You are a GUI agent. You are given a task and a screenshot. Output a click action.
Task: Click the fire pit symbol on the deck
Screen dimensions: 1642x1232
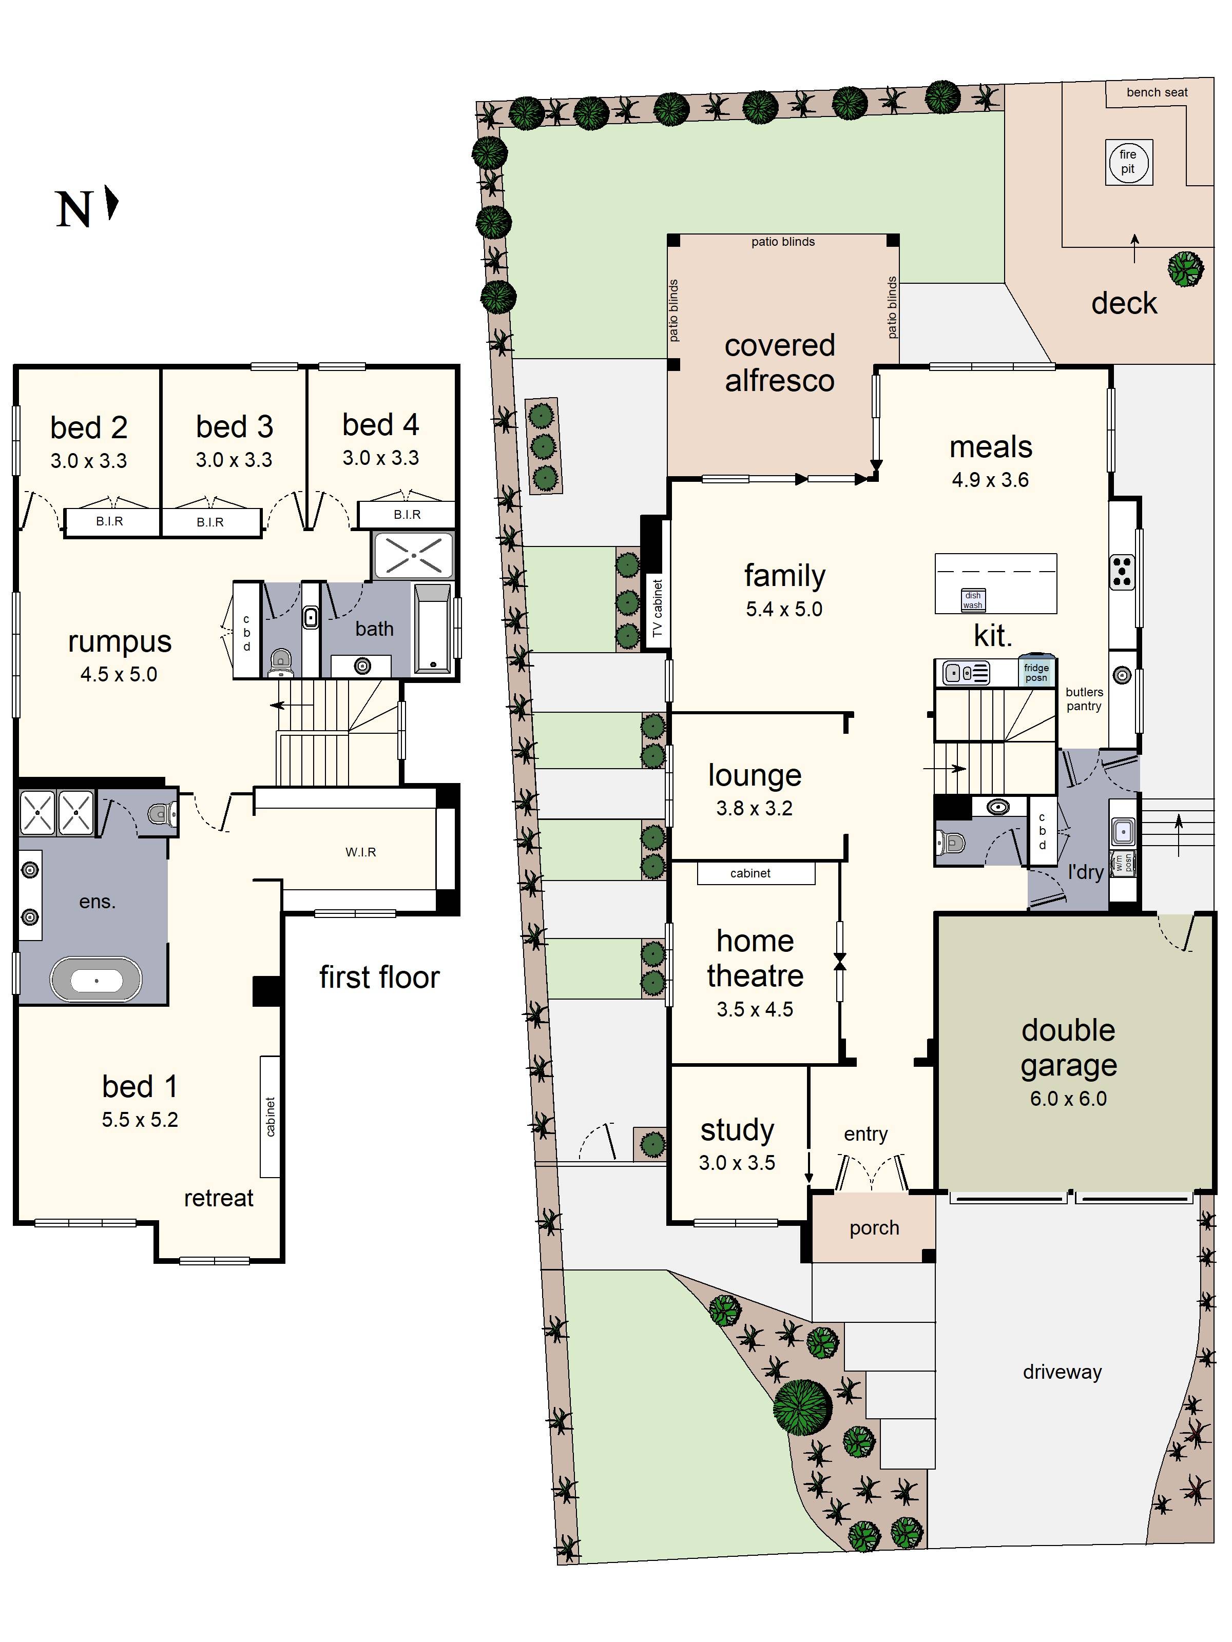1128,162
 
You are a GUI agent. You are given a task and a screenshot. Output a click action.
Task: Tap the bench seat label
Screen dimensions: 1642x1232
1156,92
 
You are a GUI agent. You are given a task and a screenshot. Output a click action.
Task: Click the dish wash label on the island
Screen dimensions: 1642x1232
972,600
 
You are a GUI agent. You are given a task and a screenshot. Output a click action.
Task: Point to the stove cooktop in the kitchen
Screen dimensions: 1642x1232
1122,572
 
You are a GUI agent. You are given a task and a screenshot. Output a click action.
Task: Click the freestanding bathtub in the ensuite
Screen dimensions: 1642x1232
96,981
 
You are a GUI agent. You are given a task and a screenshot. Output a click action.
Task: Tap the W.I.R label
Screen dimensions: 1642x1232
361,852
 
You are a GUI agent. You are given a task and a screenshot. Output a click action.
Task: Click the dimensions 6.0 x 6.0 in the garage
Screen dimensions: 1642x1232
1068,1099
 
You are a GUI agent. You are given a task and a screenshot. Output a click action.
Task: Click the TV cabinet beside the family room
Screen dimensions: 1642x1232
657,609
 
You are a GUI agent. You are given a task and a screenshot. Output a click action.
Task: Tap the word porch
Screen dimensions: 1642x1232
874,1228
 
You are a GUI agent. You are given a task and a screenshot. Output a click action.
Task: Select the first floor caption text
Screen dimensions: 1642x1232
379,978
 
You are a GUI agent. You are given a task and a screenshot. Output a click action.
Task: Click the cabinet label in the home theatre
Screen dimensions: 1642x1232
750,873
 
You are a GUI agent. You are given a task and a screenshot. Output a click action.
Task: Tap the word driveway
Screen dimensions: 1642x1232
1062,1372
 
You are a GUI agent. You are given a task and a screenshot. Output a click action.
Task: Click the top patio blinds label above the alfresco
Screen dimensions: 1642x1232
783,241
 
